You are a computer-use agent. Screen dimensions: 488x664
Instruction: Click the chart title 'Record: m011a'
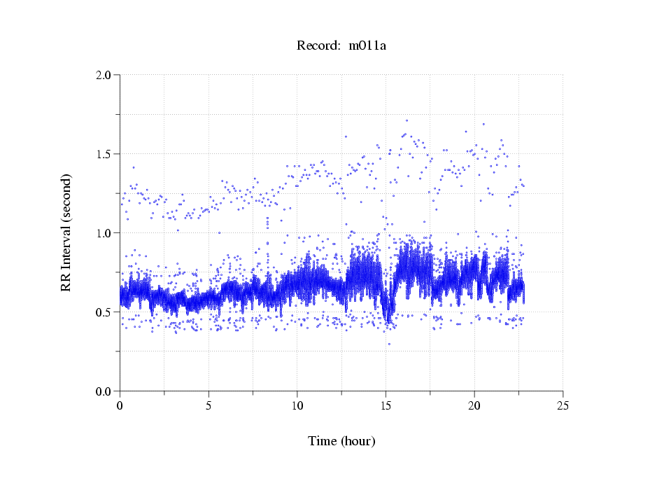341,46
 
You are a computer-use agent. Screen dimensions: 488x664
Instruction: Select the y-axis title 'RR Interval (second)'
66,232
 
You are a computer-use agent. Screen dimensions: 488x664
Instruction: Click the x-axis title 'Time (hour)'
341,441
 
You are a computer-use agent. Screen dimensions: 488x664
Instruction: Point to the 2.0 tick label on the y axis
106,75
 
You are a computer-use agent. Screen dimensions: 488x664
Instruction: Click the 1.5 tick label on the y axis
106,154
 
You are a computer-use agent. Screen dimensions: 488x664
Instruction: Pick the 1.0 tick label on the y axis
106,233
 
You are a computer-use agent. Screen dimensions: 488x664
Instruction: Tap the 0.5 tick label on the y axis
106,312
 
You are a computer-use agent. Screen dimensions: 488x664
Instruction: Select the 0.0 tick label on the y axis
106,391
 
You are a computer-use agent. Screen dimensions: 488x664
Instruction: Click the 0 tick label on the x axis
120,405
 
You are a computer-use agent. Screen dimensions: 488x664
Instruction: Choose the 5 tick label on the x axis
209,405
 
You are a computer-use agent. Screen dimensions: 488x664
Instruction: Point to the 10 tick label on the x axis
297,405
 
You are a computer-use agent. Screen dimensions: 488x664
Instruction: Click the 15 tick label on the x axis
386,405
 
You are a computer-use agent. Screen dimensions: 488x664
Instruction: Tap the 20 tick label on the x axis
474,405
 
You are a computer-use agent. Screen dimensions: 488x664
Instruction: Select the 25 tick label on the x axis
563,405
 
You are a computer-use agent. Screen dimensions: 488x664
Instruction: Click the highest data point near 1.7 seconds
407,120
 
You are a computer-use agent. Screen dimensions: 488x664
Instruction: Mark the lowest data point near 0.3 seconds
389,344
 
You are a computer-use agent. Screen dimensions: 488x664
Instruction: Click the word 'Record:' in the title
318,46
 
